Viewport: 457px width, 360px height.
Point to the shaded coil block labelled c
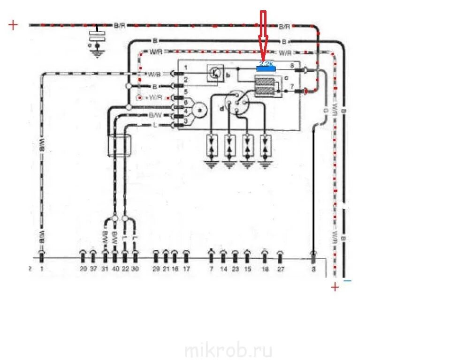(x=265, y=86)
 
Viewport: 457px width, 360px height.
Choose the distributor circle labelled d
(x=236, y=104)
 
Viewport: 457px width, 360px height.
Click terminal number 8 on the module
(x=292, y=65)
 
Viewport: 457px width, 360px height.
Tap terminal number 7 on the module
(x=292, y=87)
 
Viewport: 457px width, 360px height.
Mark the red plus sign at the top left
(x=13, y=25)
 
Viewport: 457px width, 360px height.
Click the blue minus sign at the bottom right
(x=347, y=281)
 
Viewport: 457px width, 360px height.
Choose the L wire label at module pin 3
(x=155, y=125)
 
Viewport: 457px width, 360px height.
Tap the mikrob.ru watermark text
(x=228, y=350)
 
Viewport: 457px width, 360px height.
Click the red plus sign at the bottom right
(x=335, y=287)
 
